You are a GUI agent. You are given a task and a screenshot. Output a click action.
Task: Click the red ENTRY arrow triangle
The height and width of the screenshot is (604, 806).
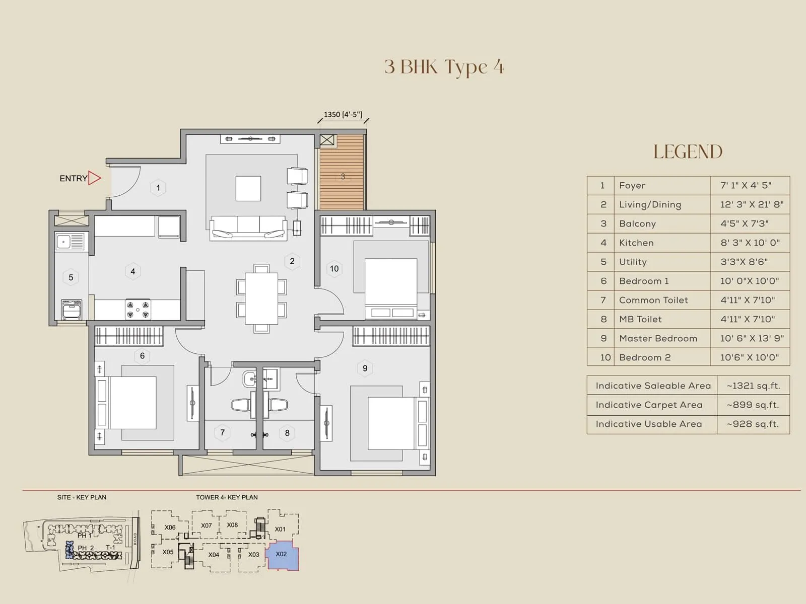click(x=94, y=178)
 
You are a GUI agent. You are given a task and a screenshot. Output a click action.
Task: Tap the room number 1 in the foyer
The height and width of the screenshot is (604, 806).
click(x=158, y=188)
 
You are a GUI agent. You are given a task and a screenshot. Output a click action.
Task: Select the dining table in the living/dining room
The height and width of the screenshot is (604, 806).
click(x=261, y=298)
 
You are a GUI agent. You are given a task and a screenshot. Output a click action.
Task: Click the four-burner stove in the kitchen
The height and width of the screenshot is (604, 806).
click(x=138, y=310)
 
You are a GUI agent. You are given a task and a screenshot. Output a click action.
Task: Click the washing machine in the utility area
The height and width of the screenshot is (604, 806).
click(x=72, y=309)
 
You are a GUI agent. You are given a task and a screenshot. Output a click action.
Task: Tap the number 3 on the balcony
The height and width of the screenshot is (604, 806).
click(x=343, y=177)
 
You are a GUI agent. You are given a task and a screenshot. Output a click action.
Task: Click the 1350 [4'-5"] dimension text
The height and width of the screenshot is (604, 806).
click(x=343, y=115)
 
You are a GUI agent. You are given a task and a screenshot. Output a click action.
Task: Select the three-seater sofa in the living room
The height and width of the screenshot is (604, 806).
click(x=248, y=228)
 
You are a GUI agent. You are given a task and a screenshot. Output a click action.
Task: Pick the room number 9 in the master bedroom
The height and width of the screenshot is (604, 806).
click(x=365, y=368)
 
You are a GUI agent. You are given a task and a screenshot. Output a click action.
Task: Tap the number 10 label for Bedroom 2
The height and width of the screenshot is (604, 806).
click(x=334, y=268)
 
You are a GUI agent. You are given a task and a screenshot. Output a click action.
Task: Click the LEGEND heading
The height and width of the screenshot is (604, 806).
click(x=688, y=152)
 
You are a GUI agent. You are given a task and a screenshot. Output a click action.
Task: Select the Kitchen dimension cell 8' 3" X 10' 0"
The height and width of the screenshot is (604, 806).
click(x=750, y=243)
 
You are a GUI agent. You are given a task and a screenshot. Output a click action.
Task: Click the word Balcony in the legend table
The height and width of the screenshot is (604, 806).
click(x=637, y=223)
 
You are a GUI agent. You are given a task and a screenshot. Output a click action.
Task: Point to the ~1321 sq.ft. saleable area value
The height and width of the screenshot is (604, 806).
click(x=753, y=386)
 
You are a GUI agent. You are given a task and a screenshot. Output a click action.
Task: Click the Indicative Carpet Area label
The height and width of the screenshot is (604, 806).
click(x=649, y=405)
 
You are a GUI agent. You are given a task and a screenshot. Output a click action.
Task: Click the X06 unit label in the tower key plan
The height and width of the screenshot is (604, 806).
click(x=170, y=527)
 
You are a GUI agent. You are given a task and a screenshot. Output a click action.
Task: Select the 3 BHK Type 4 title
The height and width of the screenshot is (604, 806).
click(x=444, y=67)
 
